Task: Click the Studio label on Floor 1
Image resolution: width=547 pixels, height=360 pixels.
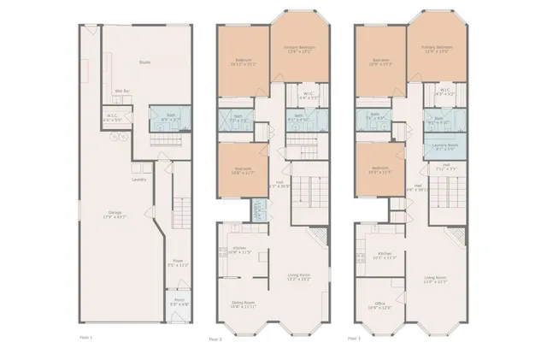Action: [145, 62]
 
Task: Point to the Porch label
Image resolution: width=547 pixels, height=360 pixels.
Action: [179, 301]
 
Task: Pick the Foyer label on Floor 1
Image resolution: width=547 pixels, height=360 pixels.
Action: [178, 262]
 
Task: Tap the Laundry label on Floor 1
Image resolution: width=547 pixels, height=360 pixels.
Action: [139, 180]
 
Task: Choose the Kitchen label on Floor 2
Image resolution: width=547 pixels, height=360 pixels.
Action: [240, 249]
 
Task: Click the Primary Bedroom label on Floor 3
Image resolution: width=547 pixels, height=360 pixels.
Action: [437, 47]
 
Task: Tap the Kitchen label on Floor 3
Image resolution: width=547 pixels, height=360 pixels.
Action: [384, 254]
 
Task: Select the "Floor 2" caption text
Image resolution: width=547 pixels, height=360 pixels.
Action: [215, 339]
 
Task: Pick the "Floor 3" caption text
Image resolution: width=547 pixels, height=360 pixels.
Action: [353, 338]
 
